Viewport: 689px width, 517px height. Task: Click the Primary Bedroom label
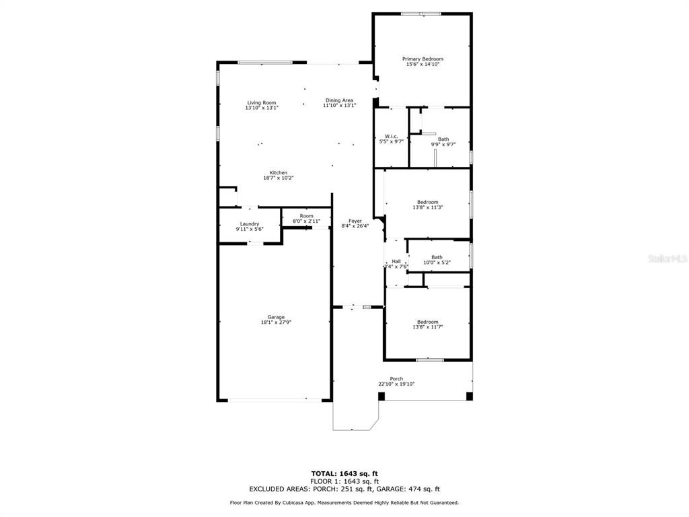point(423,59)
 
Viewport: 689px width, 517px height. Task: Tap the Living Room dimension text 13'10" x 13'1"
point(262,108)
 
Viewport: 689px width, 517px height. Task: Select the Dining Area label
point(339,100)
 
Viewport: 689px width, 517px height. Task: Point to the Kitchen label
point(279,173)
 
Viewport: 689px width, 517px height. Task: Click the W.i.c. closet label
point(391,136)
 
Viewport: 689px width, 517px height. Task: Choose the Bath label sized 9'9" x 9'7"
point(443,139)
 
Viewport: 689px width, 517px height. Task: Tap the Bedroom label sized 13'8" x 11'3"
point(427,202)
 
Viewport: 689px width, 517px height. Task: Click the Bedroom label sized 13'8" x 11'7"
point(427,322)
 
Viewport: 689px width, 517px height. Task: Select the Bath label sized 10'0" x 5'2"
point(437,257)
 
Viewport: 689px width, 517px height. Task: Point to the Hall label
point(396,262)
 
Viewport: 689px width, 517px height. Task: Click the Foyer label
point(355,221)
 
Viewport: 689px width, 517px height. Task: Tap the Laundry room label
point(250,223)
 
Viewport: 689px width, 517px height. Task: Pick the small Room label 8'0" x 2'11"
point(307,216)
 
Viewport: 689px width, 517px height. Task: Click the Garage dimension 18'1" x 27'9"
point(276,322)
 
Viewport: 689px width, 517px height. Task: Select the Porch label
point(396,378)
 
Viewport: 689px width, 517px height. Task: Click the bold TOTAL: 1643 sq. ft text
point(344,473)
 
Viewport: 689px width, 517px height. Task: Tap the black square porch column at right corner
point(469,396)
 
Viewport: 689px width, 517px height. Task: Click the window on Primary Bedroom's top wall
point(421,14)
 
